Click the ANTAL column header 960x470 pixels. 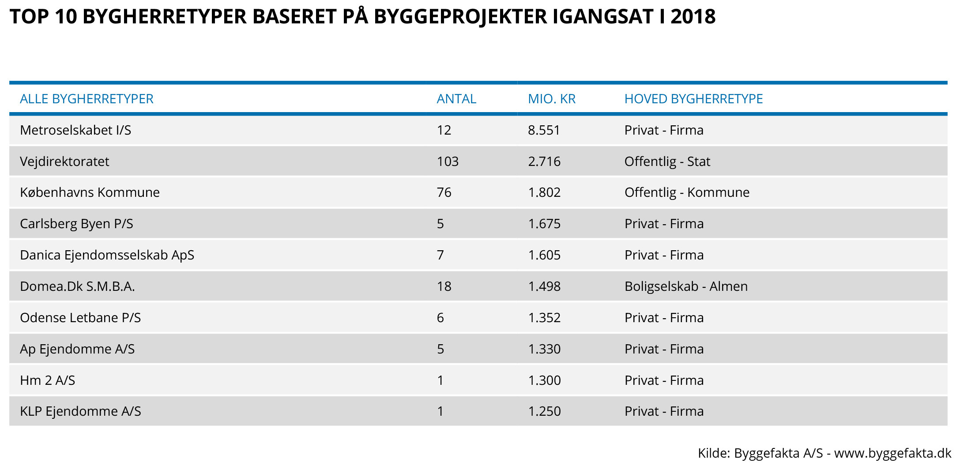456,99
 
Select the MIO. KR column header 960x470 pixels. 552,99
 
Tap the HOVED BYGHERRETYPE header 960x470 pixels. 693,99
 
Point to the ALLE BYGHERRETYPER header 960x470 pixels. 87,99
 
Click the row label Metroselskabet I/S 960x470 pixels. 75,130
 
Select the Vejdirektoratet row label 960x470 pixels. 64,162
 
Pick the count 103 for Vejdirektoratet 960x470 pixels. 448,162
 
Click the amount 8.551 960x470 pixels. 544,130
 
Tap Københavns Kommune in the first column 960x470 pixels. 90,192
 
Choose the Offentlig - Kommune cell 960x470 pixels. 687,192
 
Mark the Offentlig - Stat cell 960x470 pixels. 667,162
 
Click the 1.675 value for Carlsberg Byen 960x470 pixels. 544,224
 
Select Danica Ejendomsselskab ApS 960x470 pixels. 107,255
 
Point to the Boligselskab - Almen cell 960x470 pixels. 686,286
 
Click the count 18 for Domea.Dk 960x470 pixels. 444,286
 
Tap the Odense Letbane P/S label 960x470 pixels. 80,318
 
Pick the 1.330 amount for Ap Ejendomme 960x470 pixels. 544,349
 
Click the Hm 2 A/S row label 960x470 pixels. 48,380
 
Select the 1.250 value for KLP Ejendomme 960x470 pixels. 544,411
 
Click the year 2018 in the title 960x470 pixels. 693,17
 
